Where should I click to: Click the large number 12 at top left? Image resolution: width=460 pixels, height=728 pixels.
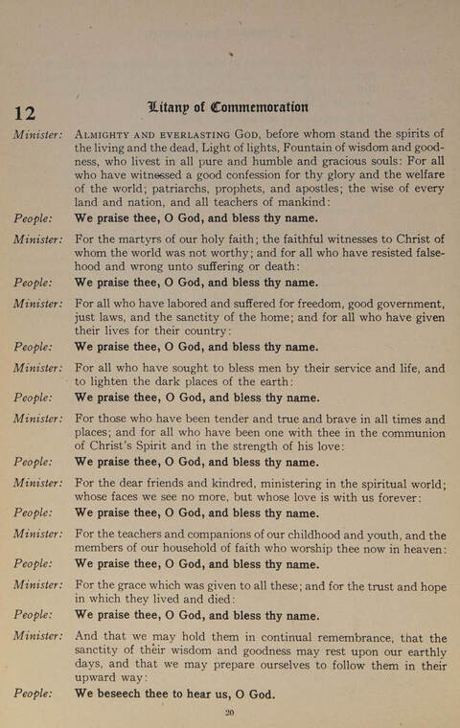coord(25,112)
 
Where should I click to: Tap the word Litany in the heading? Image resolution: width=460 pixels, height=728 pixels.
coord(172,106)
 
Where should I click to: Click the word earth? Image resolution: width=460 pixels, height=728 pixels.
coord(276,382)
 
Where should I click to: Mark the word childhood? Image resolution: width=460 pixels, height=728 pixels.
coord(321,535)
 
